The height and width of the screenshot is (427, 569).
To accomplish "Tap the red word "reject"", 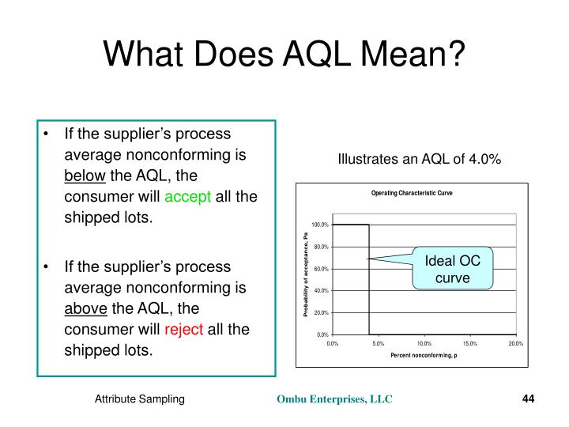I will (184, 329).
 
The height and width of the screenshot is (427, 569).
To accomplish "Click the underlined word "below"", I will (85, 175).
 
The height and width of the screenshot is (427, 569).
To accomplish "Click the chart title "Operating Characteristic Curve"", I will (412, 194).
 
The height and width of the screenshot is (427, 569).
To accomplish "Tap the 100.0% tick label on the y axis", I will (319, 225).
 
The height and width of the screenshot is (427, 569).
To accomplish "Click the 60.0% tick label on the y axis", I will (320, 269).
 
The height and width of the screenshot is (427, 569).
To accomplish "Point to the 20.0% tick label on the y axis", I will (320, 313).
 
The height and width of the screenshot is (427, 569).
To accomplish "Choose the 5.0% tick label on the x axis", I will (378, 344).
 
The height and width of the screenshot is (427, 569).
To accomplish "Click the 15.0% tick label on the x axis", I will (470, 344).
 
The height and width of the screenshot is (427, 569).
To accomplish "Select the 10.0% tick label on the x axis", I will (424, 344).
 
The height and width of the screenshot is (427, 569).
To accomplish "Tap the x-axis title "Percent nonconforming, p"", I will (424, 355).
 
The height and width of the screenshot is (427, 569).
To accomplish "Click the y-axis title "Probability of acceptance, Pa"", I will (303, 275).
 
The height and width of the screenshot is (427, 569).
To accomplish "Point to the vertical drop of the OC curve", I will (369, 285).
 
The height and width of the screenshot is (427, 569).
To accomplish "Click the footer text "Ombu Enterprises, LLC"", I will (333, 401).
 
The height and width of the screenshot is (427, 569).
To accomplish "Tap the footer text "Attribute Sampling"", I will (140, 401).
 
